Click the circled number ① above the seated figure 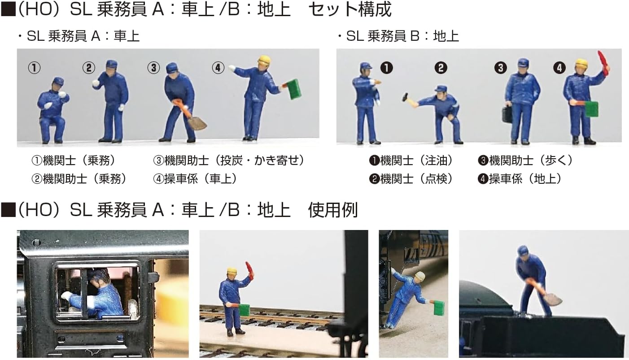pyautogui.click(x=34, y=68)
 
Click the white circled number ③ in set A pyautogui.click(x=153, y=68)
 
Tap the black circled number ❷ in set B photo pyautogui.click(x=441, y=68)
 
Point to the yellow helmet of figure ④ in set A pyautogui.click(x=264, y=60)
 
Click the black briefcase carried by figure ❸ pyautogui.click(x=507, y=115)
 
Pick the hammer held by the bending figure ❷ pyautogui.click(x=406, y=97)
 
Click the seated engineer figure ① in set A pyautogui.click(x=52, y=110)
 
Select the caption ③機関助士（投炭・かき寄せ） pyautogui.click(x=228, y=160)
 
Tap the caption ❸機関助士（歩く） pyautogui.click(x=525, y=160)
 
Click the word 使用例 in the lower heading pyautogui.click(x=333, y=210)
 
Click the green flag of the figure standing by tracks pyautogui.click(x=244, y=310)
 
